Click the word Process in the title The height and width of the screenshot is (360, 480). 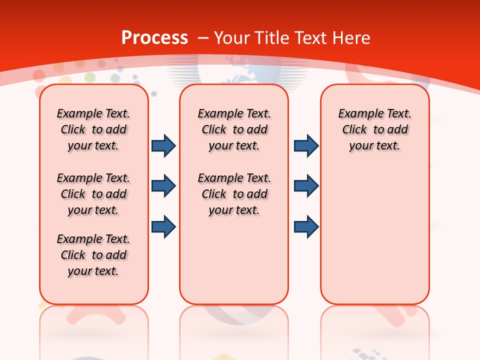(x=154, y=37)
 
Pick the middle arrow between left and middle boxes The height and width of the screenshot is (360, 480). (x=163, y=186)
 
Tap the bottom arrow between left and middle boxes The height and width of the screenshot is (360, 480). (x=163, y=227)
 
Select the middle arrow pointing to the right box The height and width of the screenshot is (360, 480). (x=306, y=186)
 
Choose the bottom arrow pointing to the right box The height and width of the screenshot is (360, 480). (x=306, y=227)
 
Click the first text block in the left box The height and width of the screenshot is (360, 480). (x=93, y=129)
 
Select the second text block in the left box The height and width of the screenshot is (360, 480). (x=93, y=194)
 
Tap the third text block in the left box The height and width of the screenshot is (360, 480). (x=93, y=255)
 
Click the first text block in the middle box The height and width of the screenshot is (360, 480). (x=234, y=129)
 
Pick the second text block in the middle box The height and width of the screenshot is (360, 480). (x=234, y=194)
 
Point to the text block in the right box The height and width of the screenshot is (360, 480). (x=374, y=129)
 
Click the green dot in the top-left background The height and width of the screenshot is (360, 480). (x=90, y=77)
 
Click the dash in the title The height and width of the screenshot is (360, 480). (x=202, y=37)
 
